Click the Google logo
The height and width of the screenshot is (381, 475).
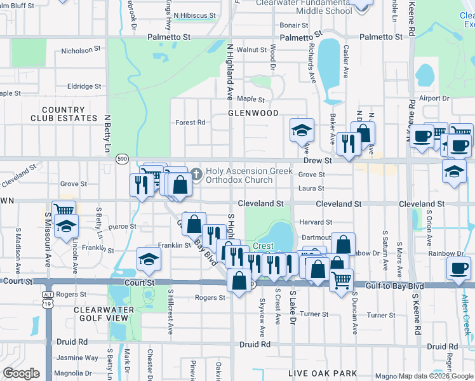tap(22, 373)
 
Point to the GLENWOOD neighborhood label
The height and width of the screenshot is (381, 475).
tap(253, 113)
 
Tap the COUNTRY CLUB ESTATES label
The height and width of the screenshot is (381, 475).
tap(62, 114)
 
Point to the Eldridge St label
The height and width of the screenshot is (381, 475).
tap(84, 86)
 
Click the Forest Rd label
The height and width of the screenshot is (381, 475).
tap(191, 123)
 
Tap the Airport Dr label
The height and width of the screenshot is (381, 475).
tap(433, 98)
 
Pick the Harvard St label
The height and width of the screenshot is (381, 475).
tap(316, 222)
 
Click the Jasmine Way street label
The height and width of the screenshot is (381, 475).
tap(77, 358)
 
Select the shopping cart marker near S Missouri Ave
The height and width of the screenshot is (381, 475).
tap(64, 209)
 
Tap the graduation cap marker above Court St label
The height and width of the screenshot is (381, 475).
tap(149, 258)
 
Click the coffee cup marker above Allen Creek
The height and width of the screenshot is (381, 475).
tap(458, 267)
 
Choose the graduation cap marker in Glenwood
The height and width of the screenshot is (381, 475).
tap(302, 130)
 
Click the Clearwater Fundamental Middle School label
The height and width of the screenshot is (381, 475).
tap(304, 7)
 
